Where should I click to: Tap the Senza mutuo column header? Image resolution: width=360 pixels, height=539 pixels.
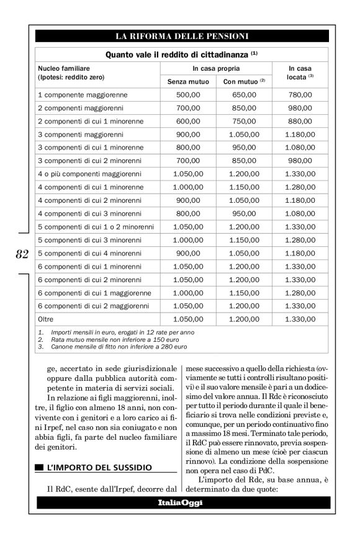(x=188, y=81)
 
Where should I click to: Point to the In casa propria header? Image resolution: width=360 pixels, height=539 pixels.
(x=216, y=68)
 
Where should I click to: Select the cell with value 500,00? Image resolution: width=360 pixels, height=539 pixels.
(x=188, y=95)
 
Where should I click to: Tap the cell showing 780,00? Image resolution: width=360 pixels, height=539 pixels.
(x=300, y=95)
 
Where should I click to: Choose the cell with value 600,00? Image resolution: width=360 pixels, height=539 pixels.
(x=188, y=121)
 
